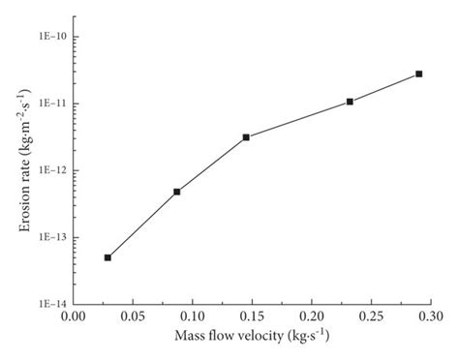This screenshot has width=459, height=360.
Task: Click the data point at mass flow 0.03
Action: (x=107, y=257)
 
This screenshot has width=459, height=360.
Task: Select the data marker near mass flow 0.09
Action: (x=177, y=192)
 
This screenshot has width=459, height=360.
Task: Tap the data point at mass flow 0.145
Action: (x=246, y=137)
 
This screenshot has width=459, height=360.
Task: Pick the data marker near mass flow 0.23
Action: (x=350, y=102)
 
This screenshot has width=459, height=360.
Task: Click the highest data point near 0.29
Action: (x=419, y=74)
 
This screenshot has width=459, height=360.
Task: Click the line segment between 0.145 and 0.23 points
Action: (x=298, y=119)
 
